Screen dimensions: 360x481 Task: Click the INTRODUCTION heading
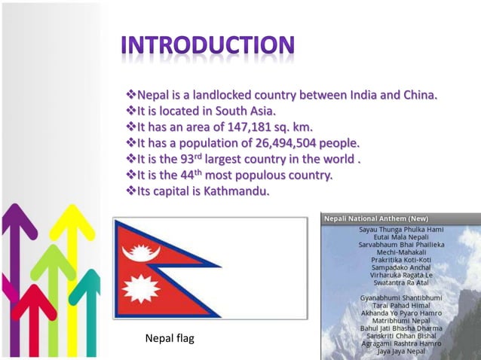coord(208,46)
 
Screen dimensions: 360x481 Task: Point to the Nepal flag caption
coord(169,339)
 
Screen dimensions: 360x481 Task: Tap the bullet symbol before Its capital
coord(130,191)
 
